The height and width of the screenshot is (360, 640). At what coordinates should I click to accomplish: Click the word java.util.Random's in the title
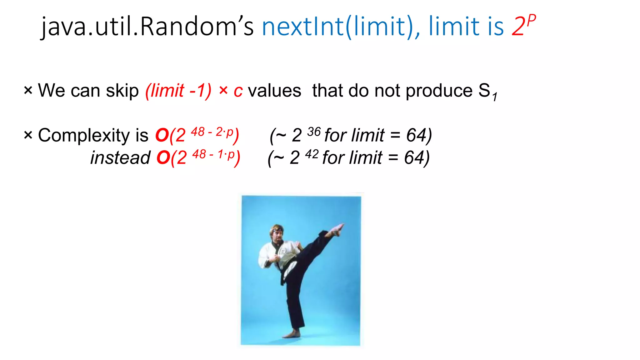coord(147,27)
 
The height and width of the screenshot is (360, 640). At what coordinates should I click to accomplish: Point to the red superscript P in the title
coord(531,21)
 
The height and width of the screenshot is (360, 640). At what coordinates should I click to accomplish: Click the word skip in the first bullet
coord(122,91)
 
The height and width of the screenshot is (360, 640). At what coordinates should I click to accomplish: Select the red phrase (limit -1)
coord(178,91)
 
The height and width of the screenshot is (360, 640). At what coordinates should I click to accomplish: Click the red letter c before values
coord(238,92)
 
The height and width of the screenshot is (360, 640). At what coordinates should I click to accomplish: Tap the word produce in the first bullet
coord(439,91)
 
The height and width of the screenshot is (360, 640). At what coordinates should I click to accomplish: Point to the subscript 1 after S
coord(495,97)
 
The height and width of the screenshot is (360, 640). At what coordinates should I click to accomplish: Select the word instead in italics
coord(120,157)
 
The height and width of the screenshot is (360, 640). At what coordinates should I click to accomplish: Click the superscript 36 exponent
coord(314,132)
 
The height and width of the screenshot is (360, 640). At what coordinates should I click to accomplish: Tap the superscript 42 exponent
coord(312,154)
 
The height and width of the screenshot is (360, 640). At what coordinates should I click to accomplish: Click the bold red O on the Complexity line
coord(162,136)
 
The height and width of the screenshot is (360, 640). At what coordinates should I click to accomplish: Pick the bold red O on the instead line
coord(163,157)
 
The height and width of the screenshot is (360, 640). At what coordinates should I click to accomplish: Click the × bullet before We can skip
coord(28,91)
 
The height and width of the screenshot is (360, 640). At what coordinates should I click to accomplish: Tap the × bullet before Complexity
coord(28,135)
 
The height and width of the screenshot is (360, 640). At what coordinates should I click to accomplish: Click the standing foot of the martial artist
coord(292,334)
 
